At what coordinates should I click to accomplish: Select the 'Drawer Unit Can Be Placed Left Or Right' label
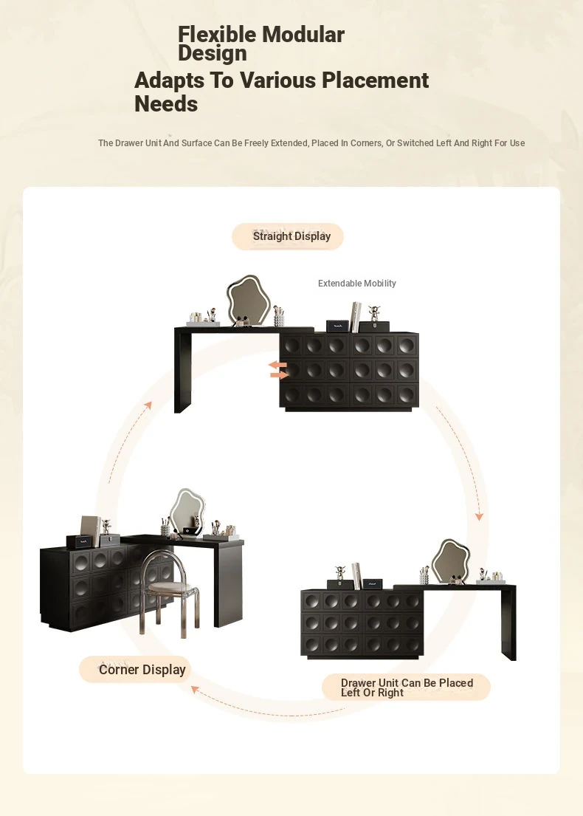pyautogui.click(x=406, y=688)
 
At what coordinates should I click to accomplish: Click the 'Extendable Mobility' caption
pyautogui.click(x=356, y=283)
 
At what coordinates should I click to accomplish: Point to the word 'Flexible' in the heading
pyautogui.click(x=216, y=35)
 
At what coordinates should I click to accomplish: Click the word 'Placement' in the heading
pyautogui.click(x=375, y=80)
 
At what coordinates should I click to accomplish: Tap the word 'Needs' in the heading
pyautogui.click(x=166, y=103)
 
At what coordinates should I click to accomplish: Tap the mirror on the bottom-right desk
pyautogui.click(x=451, y=561)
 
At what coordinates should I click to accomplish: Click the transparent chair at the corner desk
pyautogui.click(x=170, y=593)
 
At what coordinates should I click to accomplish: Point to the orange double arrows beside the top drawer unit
pyautogui.click(x=279, y=369)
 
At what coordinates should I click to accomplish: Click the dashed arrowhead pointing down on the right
pyautogui.click(x=480, y=516)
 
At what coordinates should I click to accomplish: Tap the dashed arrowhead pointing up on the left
pyautogui.click(x=148, y=405)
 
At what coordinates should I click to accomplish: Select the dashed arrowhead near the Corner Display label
pyautogui.click(x=195, y=690)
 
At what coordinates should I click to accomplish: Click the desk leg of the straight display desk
pyautogui.click(x=182, y=371)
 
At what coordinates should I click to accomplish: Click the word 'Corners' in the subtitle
pyautogui.click(x=366, y=143)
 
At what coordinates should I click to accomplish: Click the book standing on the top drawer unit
pyautogui.click(x=356, y=317)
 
